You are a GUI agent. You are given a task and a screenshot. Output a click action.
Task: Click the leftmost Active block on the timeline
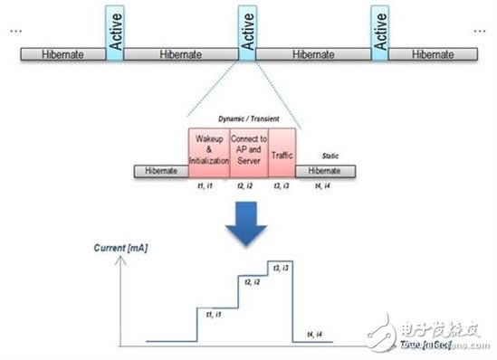[x=113, y=34]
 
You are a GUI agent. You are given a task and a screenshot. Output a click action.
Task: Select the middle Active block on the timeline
[x=247, y=34]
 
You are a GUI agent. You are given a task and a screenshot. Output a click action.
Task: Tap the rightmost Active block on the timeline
[x=380, y=34]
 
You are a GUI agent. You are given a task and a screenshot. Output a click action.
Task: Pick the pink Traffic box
[x=282, y=156]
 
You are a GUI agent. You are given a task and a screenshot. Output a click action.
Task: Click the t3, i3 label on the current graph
[x=278, y=269]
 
